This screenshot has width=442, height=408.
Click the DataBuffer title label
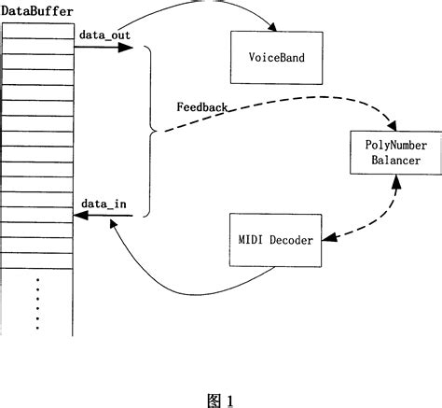point(37,10)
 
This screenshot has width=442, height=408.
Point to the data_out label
point(104,35)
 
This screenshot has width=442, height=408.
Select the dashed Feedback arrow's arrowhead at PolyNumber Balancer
point(397,124)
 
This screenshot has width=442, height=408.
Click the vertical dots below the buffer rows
point(37,302)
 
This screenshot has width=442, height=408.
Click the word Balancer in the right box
point(392,160)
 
